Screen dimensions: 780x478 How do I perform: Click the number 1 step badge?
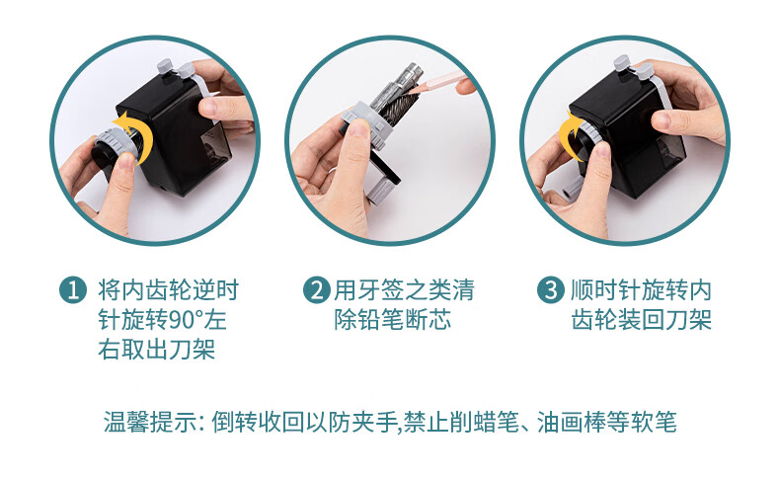coord(73,290)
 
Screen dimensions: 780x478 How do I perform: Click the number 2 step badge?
coord(317,290)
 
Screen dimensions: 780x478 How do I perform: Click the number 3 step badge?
coord(551,290)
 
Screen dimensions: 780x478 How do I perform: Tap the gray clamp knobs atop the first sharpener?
coord(175,69)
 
